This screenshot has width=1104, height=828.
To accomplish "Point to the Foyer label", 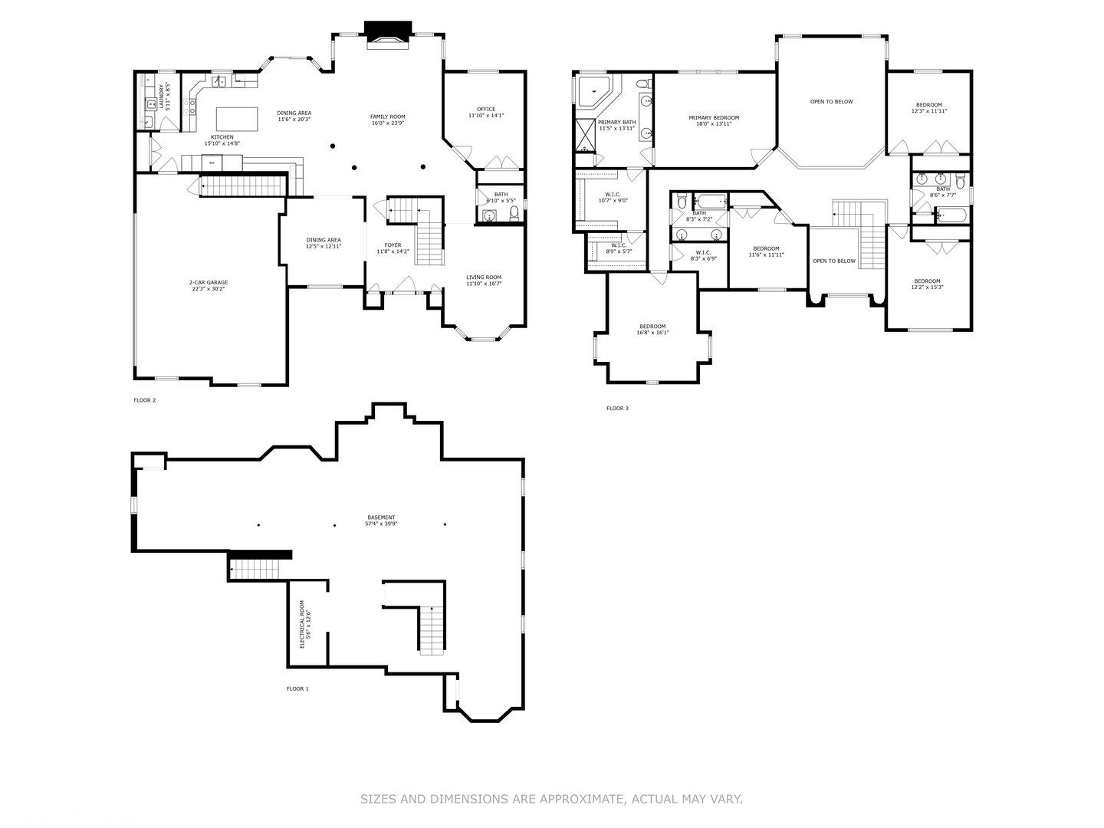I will pyautogui.click(x=393, y=245).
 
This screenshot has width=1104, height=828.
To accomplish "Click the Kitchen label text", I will pyautogui.click(x=222, y=137).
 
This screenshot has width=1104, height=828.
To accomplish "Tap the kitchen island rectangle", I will pyautogui.click(x=238, y=119).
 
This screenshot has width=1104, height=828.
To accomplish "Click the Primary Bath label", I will pyautogui.click(x=616, y=122).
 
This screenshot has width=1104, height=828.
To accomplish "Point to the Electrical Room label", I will pyautogui.click(x=301, y=624).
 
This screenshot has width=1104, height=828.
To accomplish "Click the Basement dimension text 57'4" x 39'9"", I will pyautogui.click(x=381, y=524).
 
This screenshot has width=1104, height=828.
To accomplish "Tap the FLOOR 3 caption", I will pyautogui.click(x=617, y=409).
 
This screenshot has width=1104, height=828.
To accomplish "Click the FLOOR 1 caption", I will pyautogui.click(x=297, y=689).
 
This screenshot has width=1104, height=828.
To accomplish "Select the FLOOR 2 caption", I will pyautogui.click(x=144, y=400).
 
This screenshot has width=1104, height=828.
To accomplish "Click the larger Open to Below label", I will pyautogui.click(x=831, y=101).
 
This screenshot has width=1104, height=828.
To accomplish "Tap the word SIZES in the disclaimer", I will pyautogui.click(x=379, y=800).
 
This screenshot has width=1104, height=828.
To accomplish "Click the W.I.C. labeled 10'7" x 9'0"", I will pyautogui.click(x=613, y=197).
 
